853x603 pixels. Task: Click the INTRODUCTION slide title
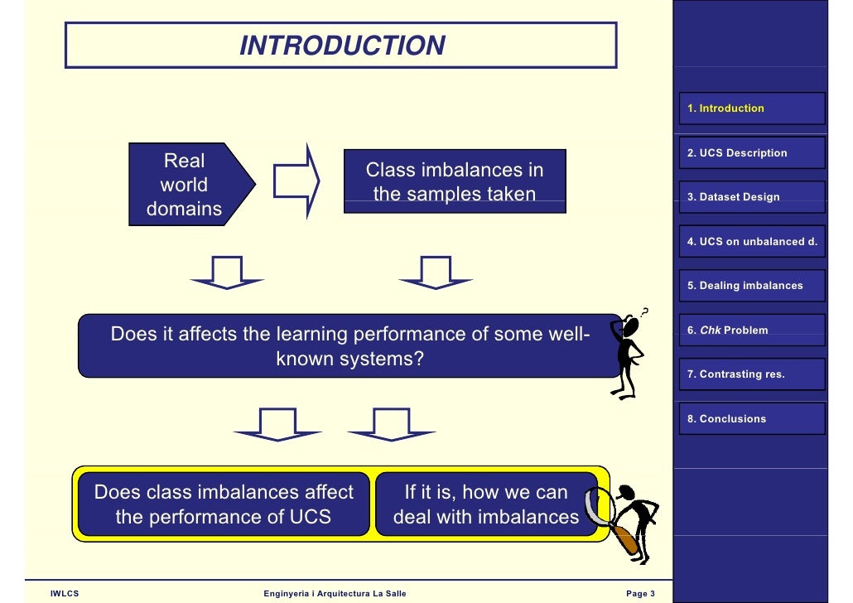342,46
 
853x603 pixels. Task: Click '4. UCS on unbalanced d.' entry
752,242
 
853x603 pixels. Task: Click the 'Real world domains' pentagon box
187,185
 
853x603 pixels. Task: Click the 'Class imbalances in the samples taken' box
455,182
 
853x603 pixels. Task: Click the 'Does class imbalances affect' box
224,504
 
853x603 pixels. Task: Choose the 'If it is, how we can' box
486,504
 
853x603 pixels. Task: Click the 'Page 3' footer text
640,593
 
